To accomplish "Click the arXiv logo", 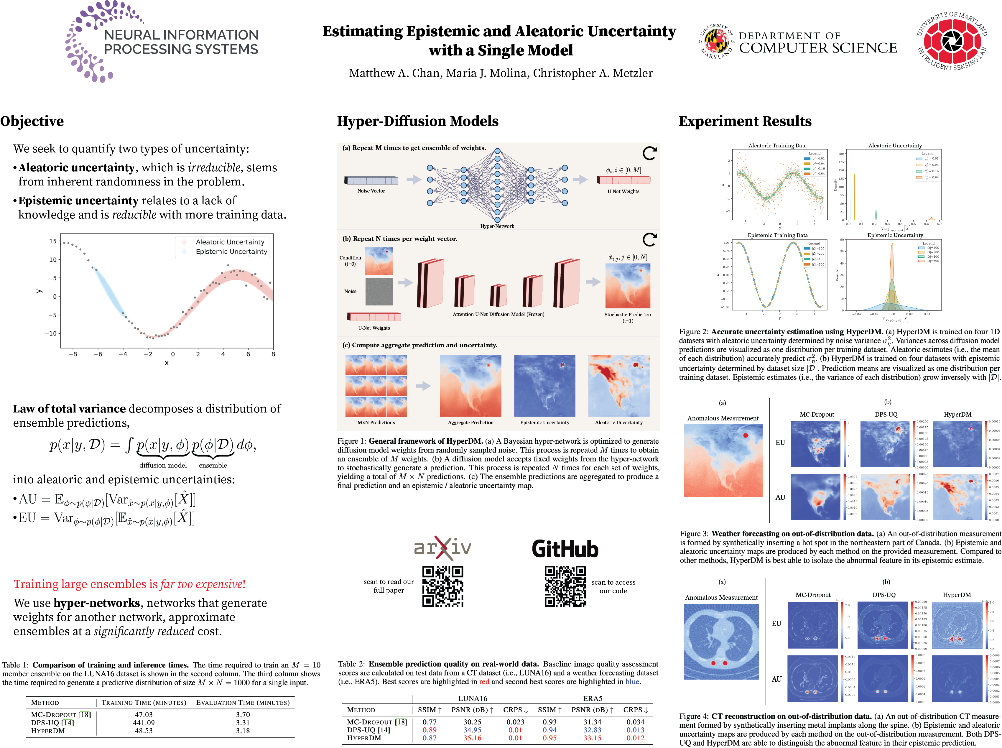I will [442, 548].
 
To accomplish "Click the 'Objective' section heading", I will [32, 121].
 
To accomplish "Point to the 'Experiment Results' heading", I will [745, 121].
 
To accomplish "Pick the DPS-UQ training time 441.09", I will [144, 723].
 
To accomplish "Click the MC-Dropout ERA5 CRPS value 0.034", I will [635, 722].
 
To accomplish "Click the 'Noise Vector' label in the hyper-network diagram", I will [371, 191].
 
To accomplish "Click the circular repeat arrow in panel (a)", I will [649, 154].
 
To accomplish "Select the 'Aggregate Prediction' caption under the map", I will [470, 423].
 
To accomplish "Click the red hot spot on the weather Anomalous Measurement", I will [745, 435].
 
